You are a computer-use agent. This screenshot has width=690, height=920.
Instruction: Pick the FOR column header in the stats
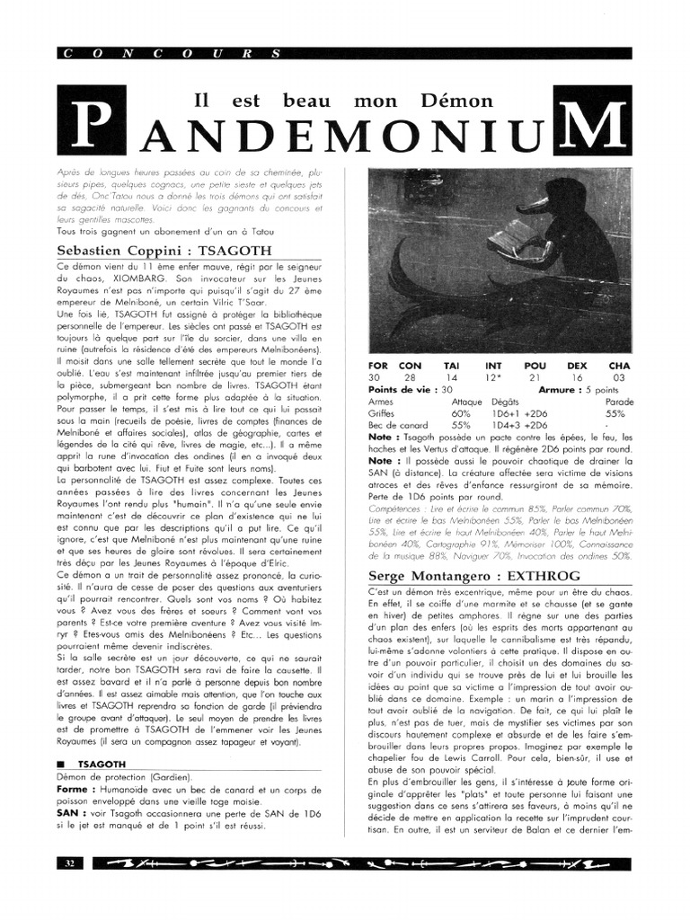point(379,366)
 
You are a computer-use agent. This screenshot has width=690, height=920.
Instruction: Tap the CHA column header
point(619,366)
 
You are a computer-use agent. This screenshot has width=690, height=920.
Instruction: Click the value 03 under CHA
point(619,378)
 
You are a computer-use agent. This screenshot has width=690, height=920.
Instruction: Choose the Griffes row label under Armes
point(382,413)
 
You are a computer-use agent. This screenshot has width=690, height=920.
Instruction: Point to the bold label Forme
point(75,790)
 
